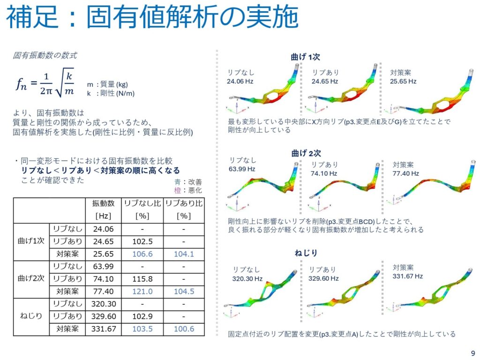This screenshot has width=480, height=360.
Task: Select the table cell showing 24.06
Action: [104, 229]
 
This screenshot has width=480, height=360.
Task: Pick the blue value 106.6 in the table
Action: [142, 254]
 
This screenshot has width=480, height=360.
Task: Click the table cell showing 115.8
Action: [142, 279]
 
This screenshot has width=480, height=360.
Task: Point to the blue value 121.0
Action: [142, 291]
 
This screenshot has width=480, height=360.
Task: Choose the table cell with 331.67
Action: [104, 329]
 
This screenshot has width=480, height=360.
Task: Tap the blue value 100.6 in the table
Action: [184, 329]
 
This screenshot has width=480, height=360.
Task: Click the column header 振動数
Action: [104, 203]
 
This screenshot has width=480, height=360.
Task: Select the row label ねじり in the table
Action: [31, 316]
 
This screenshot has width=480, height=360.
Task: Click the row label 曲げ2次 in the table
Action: [31, 279]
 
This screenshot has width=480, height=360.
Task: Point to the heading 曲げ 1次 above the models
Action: [305, 57]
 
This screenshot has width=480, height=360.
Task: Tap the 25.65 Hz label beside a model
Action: [403, 81]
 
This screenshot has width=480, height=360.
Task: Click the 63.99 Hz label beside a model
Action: [243, 169]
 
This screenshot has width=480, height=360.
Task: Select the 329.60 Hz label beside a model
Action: [323, 278]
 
